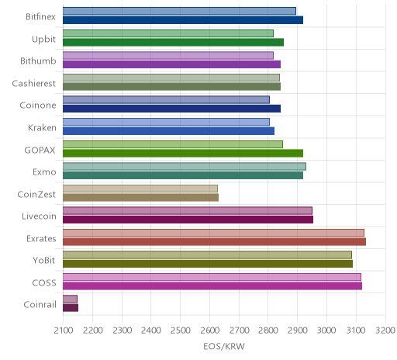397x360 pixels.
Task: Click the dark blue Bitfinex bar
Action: point(183,20)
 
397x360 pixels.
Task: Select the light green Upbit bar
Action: point(168,33)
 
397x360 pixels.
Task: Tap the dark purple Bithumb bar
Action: point(171,64)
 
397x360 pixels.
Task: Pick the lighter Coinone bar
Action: point(166,99)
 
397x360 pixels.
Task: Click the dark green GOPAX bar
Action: point(183,153)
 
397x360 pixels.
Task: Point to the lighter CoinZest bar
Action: point(140,189)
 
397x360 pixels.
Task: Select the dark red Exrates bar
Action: point(214,241)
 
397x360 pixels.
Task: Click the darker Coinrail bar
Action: point(71,308)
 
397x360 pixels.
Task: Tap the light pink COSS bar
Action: point(212,277)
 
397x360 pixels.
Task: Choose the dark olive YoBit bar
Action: point(208,264)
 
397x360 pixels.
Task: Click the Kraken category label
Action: point(42,127)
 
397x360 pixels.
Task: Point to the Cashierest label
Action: point(34,83)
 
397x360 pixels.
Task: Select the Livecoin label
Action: point(39,216)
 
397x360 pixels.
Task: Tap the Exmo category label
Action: point(44,171)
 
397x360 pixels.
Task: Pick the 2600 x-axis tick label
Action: point(210,331)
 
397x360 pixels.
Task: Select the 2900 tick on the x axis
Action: point(298,331)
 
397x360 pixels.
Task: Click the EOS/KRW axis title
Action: point(224,346)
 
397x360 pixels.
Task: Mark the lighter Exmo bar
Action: point(185,166)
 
